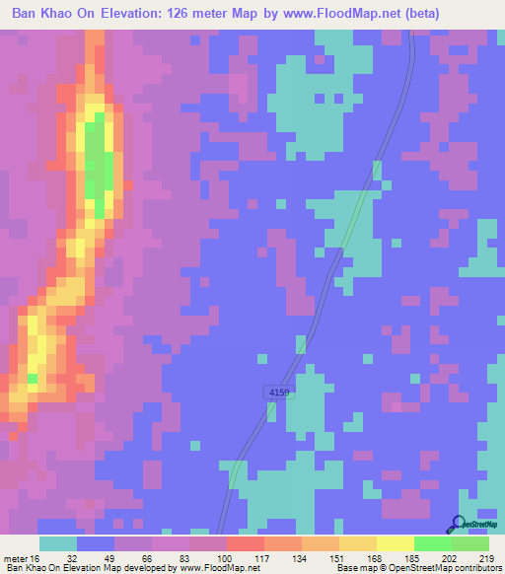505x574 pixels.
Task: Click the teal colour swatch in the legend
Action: (x=57, y=543)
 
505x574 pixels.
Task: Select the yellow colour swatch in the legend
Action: (x=395, y=543)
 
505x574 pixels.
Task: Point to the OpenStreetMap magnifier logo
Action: (x=458, y=526)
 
